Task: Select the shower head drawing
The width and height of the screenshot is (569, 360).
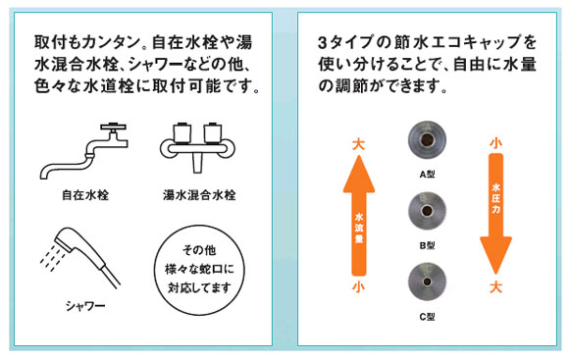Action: [80, 258]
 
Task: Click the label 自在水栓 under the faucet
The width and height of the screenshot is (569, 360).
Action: [85, 195]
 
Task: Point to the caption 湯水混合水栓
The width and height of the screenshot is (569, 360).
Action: [199, 195]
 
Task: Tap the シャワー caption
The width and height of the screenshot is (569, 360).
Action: [85, 306]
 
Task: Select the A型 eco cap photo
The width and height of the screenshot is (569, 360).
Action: [427, 139]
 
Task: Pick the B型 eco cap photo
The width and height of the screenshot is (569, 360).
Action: [427, 211]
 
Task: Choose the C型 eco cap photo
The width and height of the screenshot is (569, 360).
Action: [427, 282]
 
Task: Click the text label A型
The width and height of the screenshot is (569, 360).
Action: [427, 175]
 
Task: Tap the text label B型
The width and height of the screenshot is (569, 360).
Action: [427, 245]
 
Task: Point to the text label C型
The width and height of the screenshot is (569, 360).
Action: [427, 317]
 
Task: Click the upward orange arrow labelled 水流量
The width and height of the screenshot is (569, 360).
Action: [359, 216]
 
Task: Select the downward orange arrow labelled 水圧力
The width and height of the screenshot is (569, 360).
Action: [495, 214]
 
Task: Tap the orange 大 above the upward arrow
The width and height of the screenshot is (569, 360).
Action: [358, 144]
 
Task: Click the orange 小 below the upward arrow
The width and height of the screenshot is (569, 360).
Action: [358, 287]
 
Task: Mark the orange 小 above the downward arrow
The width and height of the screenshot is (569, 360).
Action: [495, 142]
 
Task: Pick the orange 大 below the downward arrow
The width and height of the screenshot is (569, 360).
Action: [495, 287]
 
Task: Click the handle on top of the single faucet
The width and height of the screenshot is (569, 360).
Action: [114, 128]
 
